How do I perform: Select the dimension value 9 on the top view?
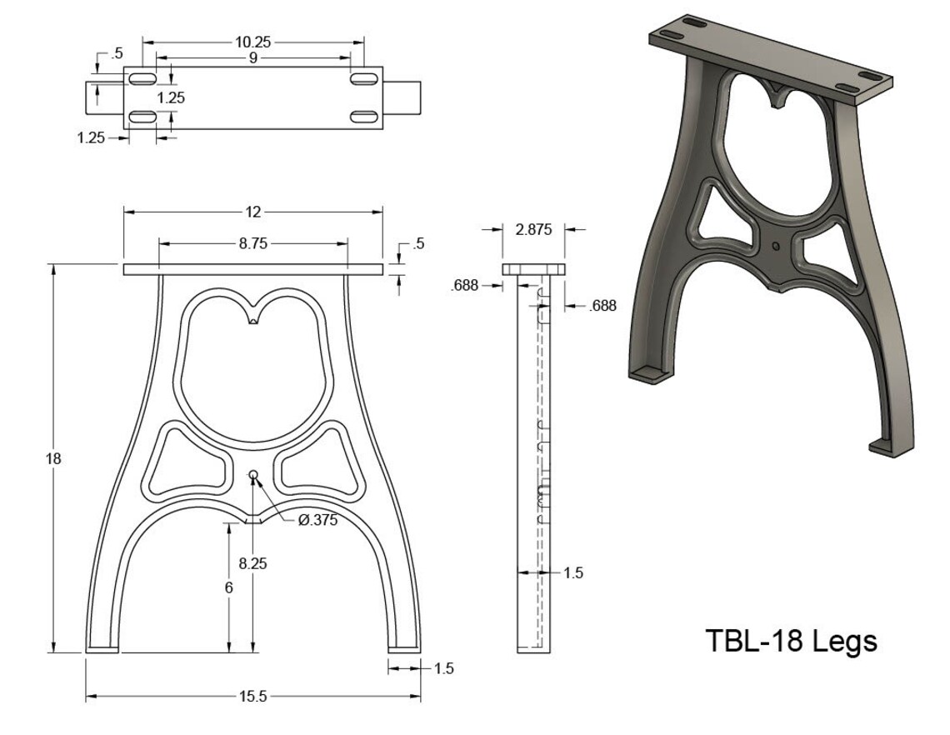[x=252, y=58]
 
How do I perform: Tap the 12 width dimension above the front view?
[x=253, y=212]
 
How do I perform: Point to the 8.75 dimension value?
[x=253, y=243]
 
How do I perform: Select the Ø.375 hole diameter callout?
[x=317, y=520]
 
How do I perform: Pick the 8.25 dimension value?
[x=252, y=563]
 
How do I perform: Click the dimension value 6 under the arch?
[x=229, y=587]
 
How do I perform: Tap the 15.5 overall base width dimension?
[x=252, y=697]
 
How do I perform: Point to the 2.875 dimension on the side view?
[x=533, y=230]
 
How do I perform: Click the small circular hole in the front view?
[x=254, y=475]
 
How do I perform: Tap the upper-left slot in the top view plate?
[x=142, y=78]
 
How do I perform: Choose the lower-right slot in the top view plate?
[x=364, y=116]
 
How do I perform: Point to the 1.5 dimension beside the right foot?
[x=443, y=668]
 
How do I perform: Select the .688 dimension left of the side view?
[x=464, y=286]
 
